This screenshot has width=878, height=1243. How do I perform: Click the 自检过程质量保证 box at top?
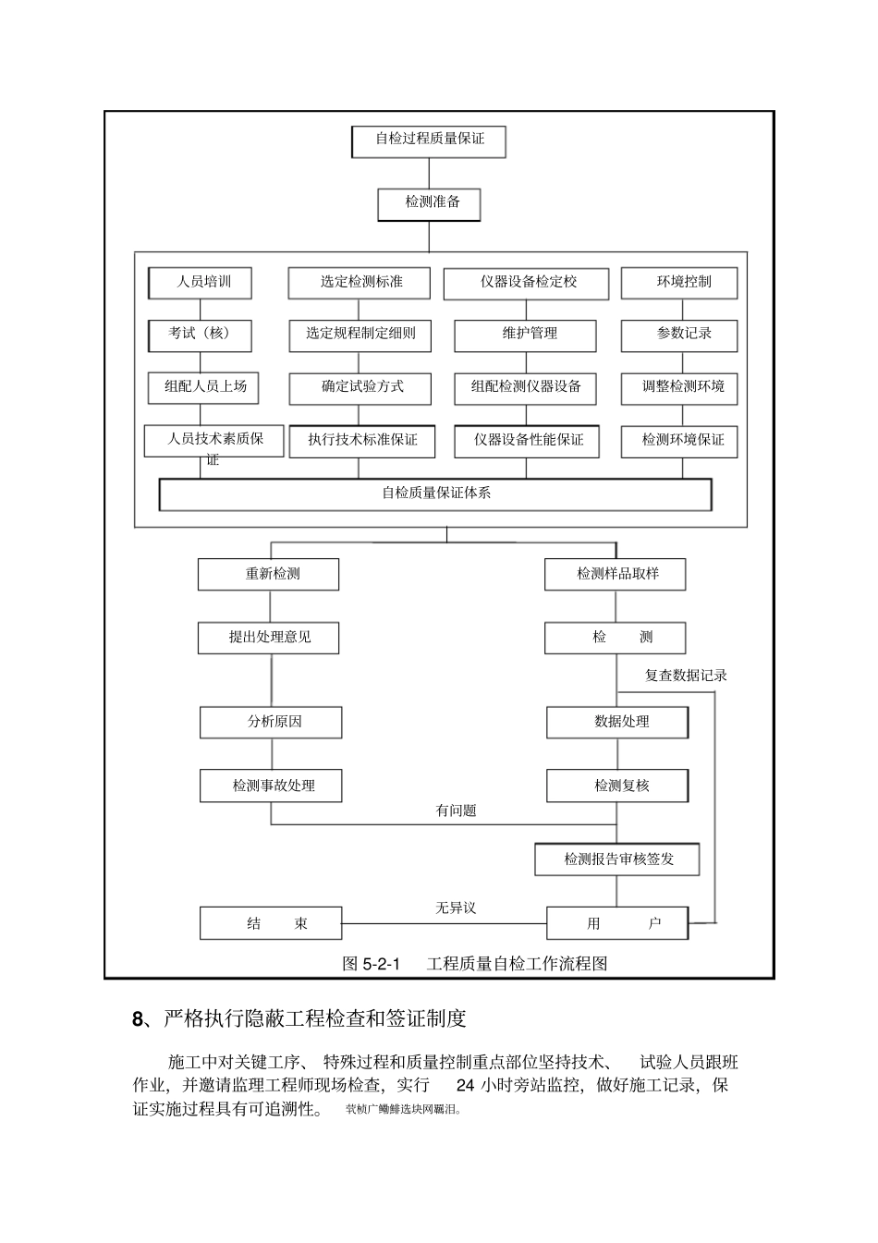pyautogui.click(x=429, y=140)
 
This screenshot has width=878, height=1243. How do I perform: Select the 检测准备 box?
pyautogui.click(x=429, y=203)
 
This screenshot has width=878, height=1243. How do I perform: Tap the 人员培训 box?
pyautogui.click(x=201, y=283)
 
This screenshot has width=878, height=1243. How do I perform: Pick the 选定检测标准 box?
pyautogui.click(x=360, y=283)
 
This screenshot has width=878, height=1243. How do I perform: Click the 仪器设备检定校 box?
pyautogui.click(x=526, y=283)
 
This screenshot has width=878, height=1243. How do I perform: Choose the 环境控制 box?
pyautogui.click(x=679, y=283)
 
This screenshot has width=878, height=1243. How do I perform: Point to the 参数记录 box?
pyautogui.click(x=679, y=335)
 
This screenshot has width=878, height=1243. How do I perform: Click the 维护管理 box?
pyautogui.click(x=526, y=335)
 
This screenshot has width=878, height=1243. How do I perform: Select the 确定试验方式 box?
pyautogui.click(x=360, y=387)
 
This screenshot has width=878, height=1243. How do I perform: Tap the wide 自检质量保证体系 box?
pyautogui.click(x=435, y=494)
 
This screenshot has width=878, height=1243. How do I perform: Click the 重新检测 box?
pyautogui.click(x=269, y=574)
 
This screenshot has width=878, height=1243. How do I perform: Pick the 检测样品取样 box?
pyautogui.click(x=616, y=574)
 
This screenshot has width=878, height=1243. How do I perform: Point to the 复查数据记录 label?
pyautogui.click(x=685, y=676)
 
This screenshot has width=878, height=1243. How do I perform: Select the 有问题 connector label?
pyautogui.click(x=456, y=810)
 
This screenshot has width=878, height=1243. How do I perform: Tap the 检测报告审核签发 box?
pyautogui.click(x=617, y=859)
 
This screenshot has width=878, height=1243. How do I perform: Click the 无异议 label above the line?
pyautogui.click(x=456, y=908)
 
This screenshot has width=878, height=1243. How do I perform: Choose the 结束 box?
pyautogui.click(x=272, y=923)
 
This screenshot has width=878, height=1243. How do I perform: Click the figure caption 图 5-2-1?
pyautogui.click(x=371, y=964)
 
